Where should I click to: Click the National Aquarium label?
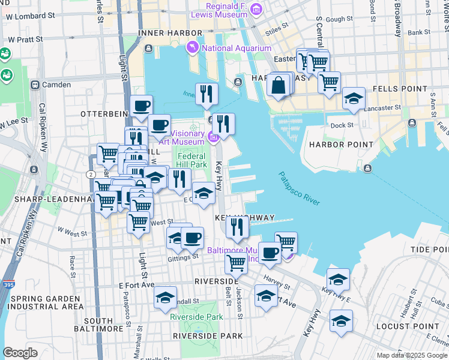237,48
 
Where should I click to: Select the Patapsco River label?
298,188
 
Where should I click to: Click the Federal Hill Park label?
191,159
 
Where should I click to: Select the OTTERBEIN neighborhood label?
103,113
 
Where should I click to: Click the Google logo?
20,352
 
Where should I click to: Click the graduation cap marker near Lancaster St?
354,98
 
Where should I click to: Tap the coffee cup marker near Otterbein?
142,106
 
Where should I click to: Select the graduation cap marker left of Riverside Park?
165,298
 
